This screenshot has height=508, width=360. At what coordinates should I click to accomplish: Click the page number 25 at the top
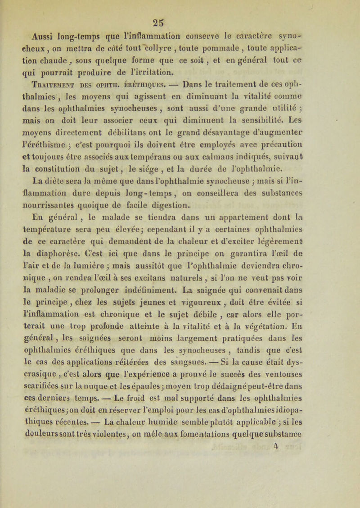[x=182, y=12]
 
